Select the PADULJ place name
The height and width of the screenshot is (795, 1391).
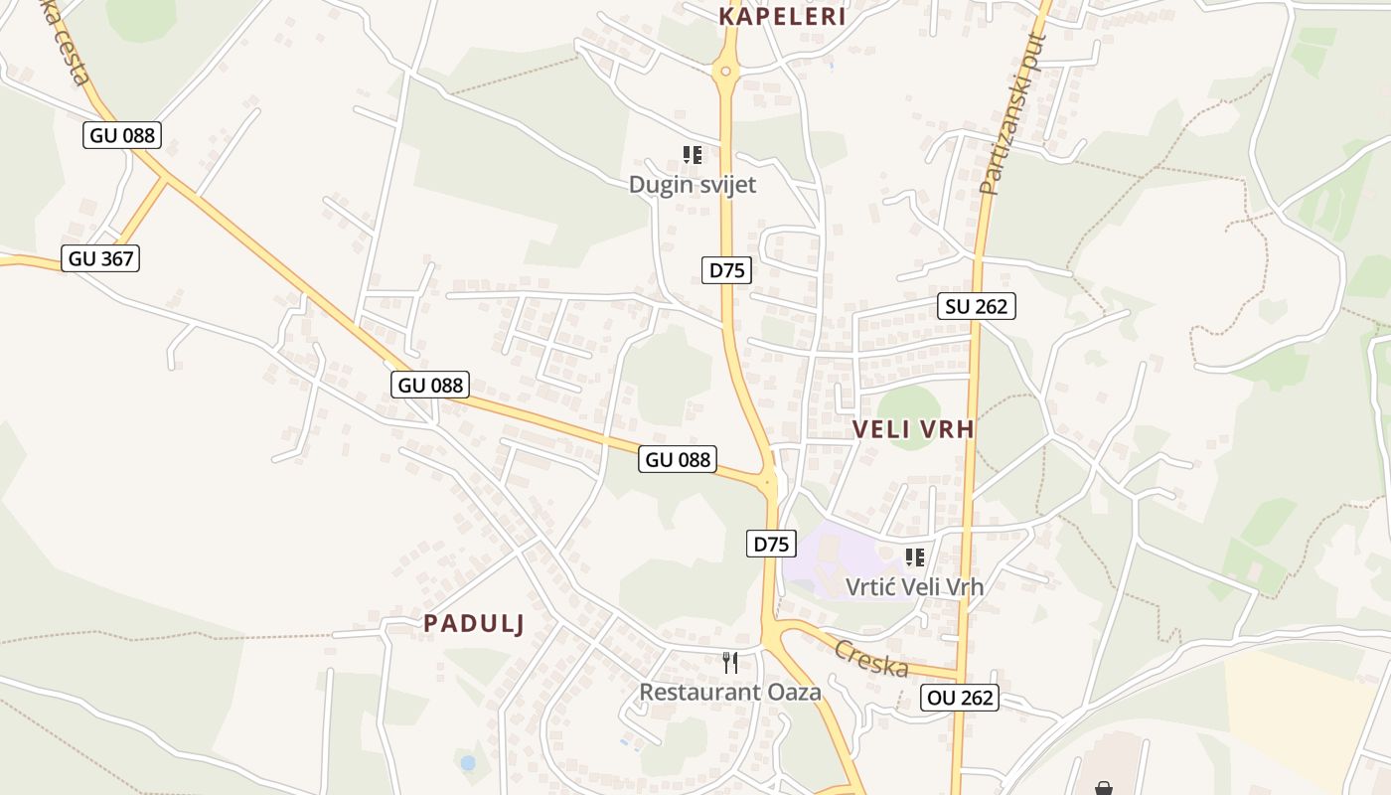tap(474, 623)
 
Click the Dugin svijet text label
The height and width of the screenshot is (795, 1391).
tap(693, 184)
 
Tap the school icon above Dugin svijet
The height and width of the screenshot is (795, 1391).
tap(693, 155)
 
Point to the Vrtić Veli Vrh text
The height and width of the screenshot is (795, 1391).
tap(914, 586)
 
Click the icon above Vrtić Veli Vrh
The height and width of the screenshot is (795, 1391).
tap(914, 557)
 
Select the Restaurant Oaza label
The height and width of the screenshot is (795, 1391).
tap(730, 692)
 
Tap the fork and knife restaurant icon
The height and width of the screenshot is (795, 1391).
tap(730, 662)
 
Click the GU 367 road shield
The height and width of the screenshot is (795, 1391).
tap(100, 259)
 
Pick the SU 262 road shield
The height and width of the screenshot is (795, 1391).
tap(977, 306)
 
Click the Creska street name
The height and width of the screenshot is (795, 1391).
tap(871, 659)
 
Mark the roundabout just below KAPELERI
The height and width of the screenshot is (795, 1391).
tap(726, 71)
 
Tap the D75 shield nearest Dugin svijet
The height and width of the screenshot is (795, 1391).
tap(726, 269)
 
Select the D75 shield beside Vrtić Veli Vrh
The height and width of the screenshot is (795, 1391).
tap(772, 544)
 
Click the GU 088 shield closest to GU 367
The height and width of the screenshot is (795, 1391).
tap(123, 135)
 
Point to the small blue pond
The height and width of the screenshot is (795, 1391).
tap(468, 763)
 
